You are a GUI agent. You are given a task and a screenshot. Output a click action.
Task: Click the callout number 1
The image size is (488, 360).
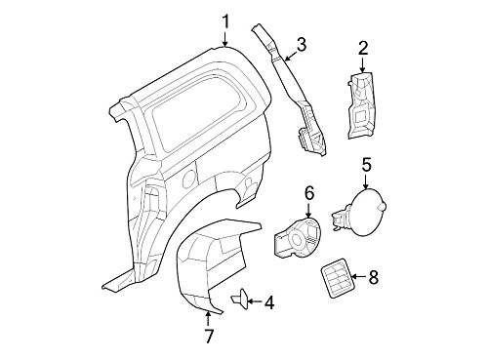(225, 20)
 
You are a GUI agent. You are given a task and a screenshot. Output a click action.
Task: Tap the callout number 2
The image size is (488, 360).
(362, 46)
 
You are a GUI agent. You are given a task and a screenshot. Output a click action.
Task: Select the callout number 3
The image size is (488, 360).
(302, 43)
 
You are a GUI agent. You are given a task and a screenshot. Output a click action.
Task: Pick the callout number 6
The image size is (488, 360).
(307, 192)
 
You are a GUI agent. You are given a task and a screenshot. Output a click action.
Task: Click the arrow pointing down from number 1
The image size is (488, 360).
(225, 39)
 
